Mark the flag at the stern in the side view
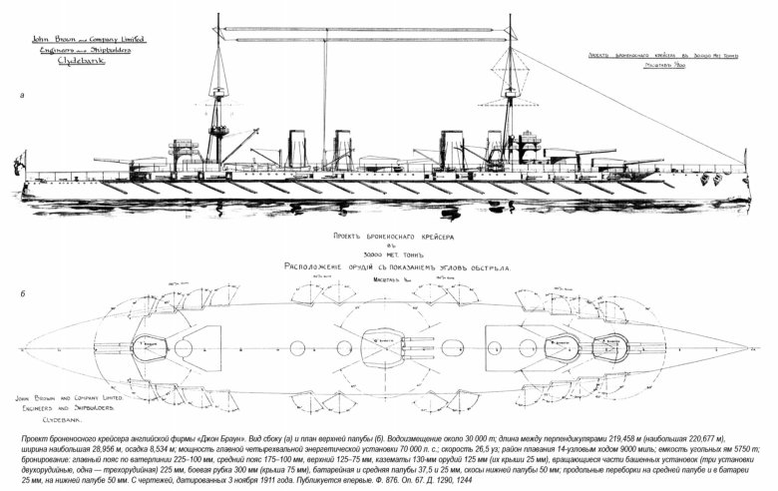coord(21,161)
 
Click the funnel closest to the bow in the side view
coord(494,147)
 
